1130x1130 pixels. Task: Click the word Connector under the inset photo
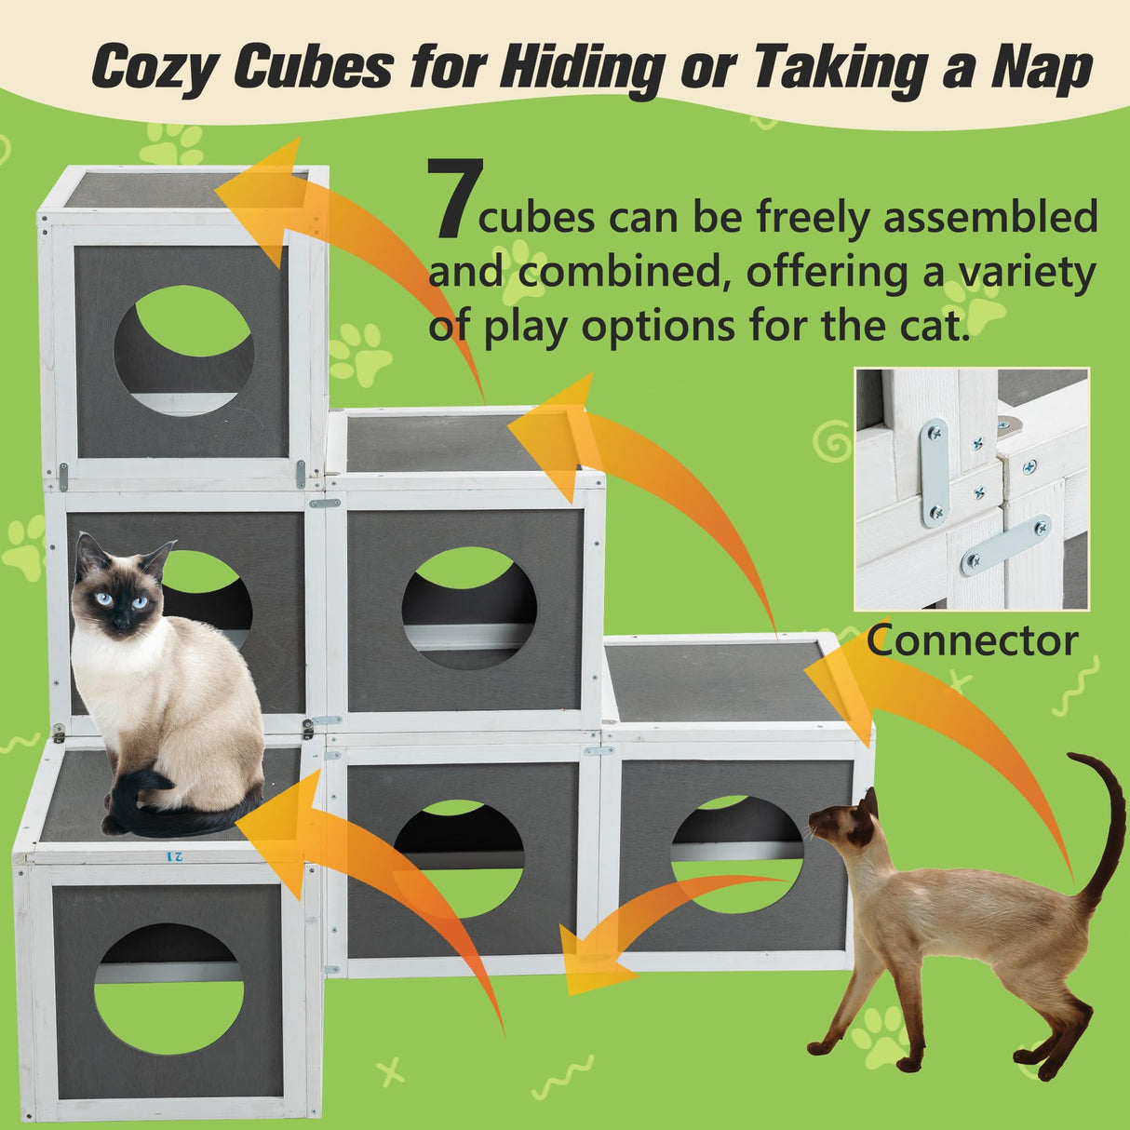[972, 640]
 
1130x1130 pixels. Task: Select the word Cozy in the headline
[153, 69]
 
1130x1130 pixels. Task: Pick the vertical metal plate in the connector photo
[934, 473]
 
